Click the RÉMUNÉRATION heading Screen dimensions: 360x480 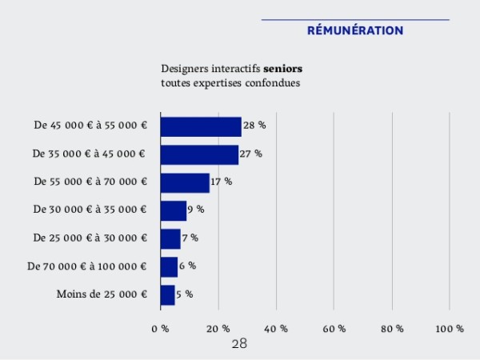355,30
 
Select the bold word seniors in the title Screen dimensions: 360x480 282,69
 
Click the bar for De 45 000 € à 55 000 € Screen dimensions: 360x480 201,126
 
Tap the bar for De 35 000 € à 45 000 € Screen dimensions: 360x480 199,154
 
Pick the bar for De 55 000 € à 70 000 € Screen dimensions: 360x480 185,182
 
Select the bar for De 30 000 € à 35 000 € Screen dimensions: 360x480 174,210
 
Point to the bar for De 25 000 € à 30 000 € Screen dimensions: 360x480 170,238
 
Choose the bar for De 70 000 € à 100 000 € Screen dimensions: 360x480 169,266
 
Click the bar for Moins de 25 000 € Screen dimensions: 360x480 168,294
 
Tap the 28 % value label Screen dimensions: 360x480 254,126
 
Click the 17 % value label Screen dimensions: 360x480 222,182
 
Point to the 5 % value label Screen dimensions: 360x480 184,294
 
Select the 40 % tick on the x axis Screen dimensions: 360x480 276,329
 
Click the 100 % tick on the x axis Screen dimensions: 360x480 450,329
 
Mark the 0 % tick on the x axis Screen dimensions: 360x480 160,329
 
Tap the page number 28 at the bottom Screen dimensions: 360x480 239,344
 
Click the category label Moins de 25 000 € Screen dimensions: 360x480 102,294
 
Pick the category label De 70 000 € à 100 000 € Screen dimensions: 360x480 87,266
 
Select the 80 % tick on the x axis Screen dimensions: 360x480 392,329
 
